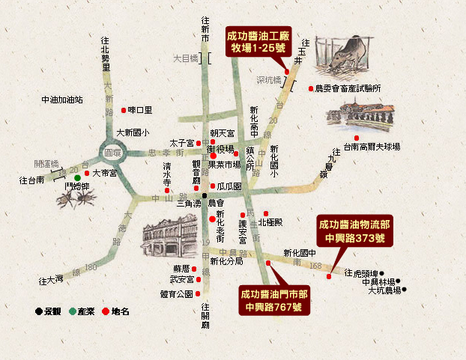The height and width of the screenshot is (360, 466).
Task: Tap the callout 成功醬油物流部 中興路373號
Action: pyautogui.click(x=354, y=231)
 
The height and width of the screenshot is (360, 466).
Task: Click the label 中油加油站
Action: pyautogui.click(x=62, y=99)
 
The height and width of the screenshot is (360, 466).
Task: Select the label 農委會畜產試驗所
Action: pyautogui.click(x=348, y=88)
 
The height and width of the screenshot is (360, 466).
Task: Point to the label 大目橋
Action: pyautogui.click(x=184, y=56)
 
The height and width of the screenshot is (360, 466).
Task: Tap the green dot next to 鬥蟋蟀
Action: pyautogui.click(x=77, y=178)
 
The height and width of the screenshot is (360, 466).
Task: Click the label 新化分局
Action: pyautogui.click(x=226, y=262)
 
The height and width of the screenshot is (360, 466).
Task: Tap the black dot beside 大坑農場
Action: pyautogui.click(x=405, y=290)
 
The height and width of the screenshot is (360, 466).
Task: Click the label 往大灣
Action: pyautogui.click(x=52, y=281)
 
